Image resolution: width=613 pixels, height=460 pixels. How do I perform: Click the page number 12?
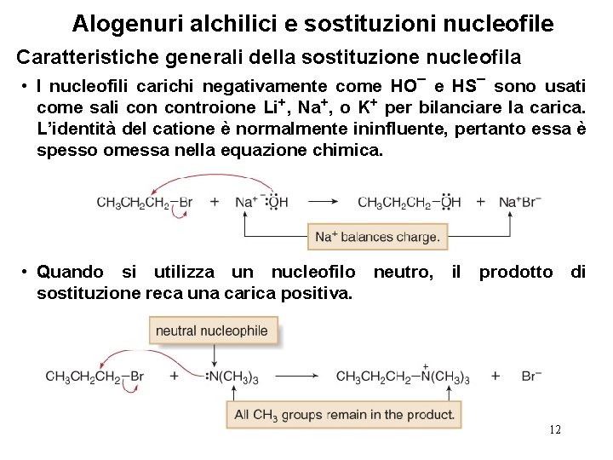point(555,429)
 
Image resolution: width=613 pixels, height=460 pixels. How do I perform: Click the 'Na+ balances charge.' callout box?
point(377,237)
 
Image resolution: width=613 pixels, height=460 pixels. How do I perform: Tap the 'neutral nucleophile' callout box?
point(212,331)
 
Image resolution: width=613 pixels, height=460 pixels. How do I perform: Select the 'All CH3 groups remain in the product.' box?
point(343,415)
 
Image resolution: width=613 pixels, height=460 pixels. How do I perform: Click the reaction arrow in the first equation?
point(323,203)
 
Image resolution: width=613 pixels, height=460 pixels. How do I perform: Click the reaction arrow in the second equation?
point(301,377)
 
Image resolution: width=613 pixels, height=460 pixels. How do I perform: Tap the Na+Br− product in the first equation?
point(520,203)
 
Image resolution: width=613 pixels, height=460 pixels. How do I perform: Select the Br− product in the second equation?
point(530,377)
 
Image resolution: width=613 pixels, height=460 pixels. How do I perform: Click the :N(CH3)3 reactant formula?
point(232,377)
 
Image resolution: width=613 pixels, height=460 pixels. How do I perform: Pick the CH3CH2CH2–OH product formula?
point(409,203)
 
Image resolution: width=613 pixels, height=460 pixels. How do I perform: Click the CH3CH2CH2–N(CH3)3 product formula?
point(403,377)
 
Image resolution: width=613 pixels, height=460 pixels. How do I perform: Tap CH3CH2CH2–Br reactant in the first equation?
point(144,203)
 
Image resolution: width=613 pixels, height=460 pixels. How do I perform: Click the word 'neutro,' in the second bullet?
point(402,273)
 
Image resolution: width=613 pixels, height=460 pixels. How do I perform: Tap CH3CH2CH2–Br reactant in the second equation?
point(95,377)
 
